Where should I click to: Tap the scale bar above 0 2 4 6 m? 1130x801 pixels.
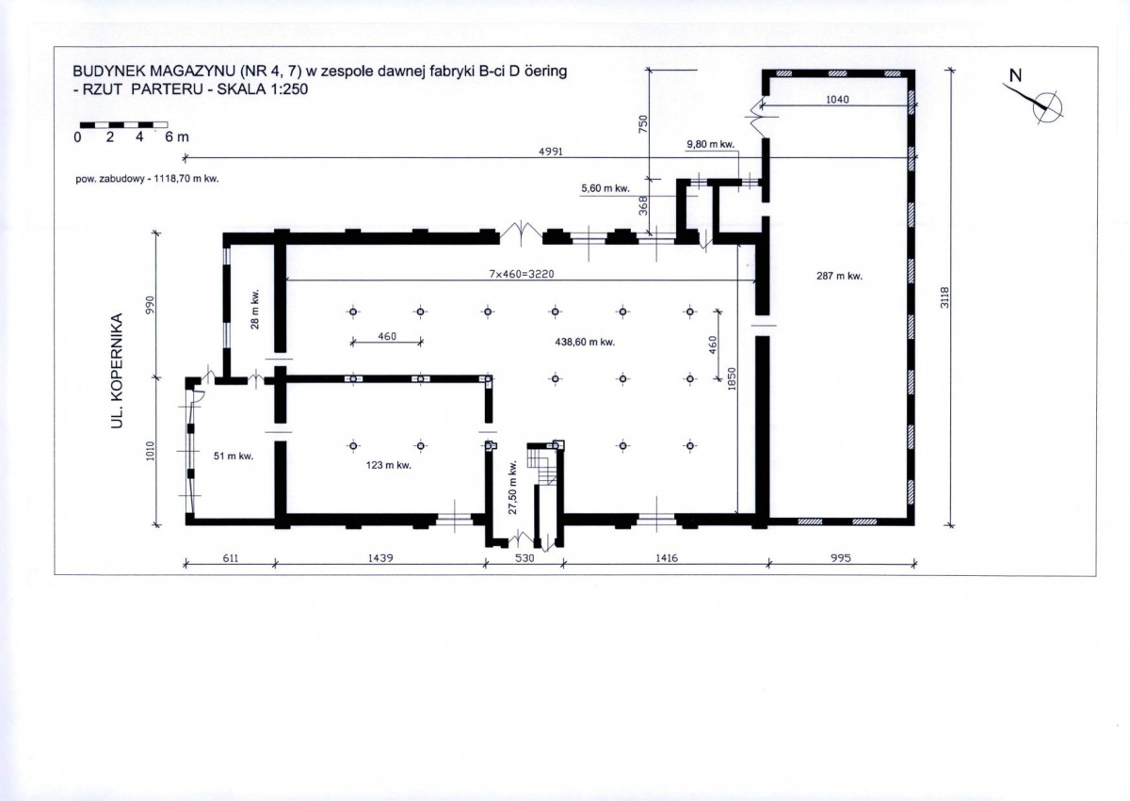click(124, 124)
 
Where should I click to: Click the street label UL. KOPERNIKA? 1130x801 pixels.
click(117, 371)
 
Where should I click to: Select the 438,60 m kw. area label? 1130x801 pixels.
click(585, 342)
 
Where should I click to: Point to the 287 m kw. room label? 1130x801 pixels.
click(839, 276)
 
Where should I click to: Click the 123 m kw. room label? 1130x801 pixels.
click(388, 465)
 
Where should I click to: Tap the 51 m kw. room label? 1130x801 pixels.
click(234, 457)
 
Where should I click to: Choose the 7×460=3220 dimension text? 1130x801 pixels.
click(521, 274)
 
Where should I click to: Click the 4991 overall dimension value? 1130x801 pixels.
click(551, 152)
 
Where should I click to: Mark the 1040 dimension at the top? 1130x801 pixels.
click(837, 100)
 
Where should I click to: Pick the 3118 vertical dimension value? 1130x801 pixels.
click(944, 297)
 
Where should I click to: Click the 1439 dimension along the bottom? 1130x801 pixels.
click(380, 557)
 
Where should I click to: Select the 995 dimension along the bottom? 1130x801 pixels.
click(840, 557)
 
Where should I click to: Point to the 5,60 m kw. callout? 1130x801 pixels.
click(605, 188)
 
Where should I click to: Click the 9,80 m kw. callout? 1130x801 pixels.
click(710, 144)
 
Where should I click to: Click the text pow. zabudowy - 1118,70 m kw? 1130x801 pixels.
click(147, 179)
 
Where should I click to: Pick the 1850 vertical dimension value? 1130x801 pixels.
click(732, 378)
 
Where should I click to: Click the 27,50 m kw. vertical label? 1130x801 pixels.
click(512, 488)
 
